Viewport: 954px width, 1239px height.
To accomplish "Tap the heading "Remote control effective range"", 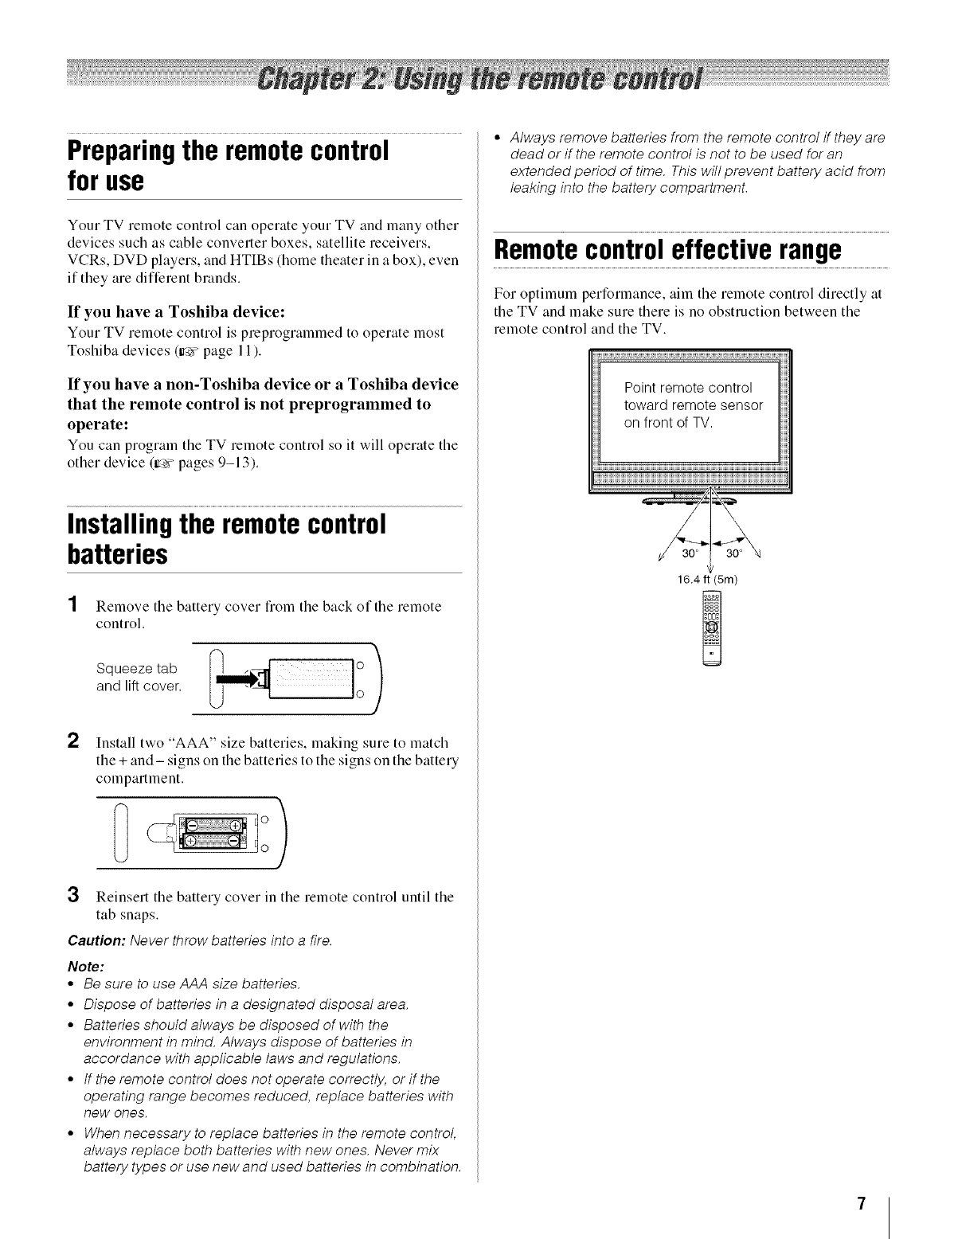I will [x=667, y=249].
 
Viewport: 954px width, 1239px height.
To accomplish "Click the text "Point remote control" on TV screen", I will [x=687, y=388].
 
